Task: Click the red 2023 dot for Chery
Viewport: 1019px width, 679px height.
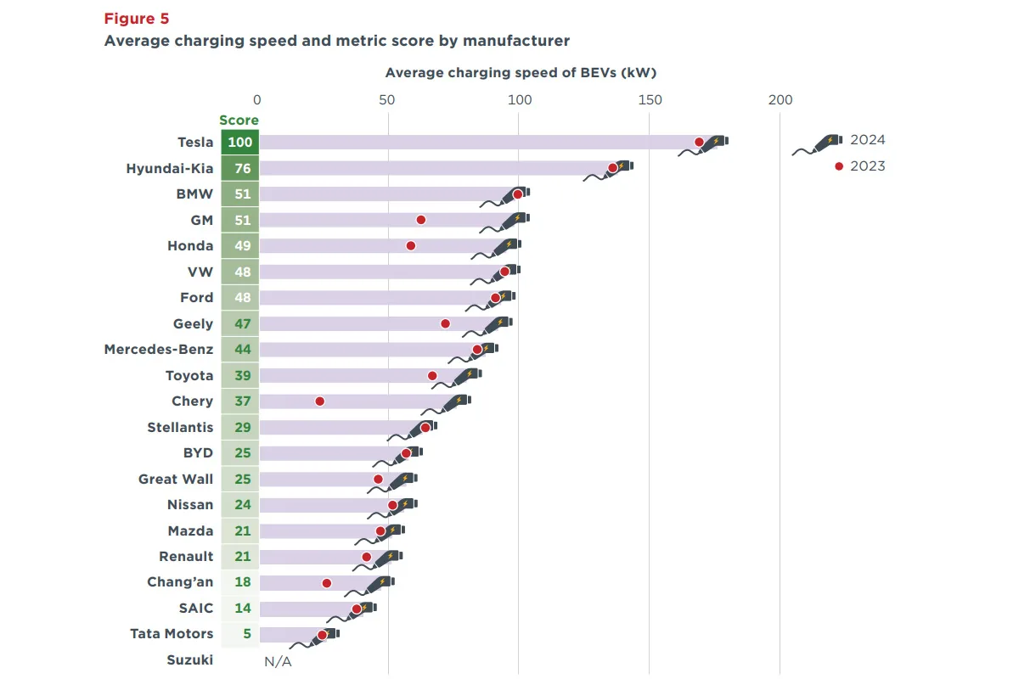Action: tap(320, 401)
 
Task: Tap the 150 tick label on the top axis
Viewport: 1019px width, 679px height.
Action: tap(650, 100)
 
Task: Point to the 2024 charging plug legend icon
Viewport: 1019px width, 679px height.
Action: tap(817, 144)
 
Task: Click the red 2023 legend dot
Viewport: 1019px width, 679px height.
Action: tap(839, 166)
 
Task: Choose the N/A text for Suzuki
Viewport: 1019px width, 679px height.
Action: tap(278, 661)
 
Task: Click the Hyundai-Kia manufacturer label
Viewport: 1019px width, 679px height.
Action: tap(170, 168)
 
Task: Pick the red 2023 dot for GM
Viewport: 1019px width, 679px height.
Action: tap(421, 220)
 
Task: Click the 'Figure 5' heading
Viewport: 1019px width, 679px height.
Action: tap(137, 19)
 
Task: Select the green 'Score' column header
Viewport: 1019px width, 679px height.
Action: tap(239, 121)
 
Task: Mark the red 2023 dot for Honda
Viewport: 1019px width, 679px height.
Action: tap(411, 245)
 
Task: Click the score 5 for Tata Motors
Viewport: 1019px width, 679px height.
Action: tap(242, 633)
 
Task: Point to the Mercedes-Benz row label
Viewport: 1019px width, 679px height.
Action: tap(159, 349)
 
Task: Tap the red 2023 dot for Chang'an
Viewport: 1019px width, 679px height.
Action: tap(327, 583)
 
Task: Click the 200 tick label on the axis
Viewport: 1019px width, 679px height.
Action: tap(780, 100)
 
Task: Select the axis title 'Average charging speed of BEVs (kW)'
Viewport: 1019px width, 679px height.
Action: tap(521, 73)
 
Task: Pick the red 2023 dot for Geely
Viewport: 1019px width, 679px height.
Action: tap(446, 323)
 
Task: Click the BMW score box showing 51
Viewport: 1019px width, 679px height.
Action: tap(242, 194)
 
